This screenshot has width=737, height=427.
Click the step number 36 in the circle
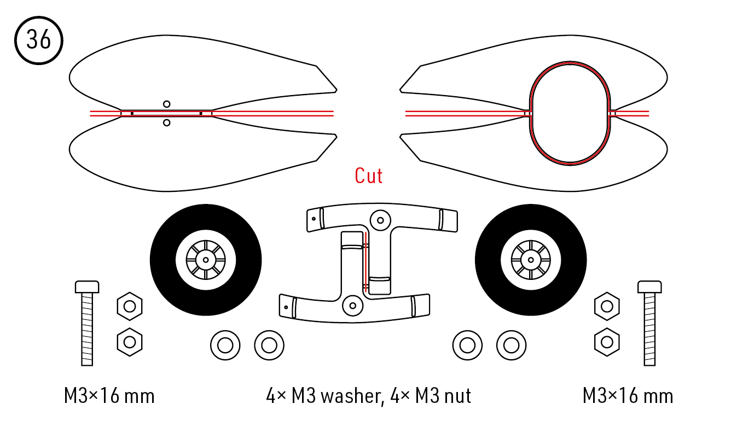pos(39,40)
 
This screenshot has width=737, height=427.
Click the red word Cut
pos(368,176)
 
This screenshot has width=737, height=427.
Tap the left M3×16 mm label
pos(109,395)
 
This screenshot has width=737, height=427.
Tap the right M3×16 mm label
pos(628,395)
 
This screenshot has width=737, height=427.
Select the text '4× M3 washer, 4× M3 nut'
pos(368,395)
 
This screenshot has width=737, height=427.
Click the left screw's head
pos(87,286)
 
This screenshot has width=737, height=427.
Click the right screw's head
pos(649,286)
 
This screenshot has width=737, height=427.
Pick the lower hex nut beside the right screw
pos(606,342)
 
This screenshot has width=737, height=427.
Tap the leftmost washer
pos(225,346)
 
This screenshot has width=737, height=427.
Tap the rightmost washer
pos(511,346)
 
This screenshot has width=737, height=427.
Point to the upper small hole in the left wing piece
pos(166,104)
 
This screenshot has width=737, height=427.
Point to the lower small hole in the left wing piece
pos(166,122)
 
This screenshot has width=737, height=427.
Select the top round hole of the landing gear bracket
pos(378,220)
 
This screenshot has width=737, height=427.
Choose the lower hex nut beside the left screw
pos(130,342)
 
